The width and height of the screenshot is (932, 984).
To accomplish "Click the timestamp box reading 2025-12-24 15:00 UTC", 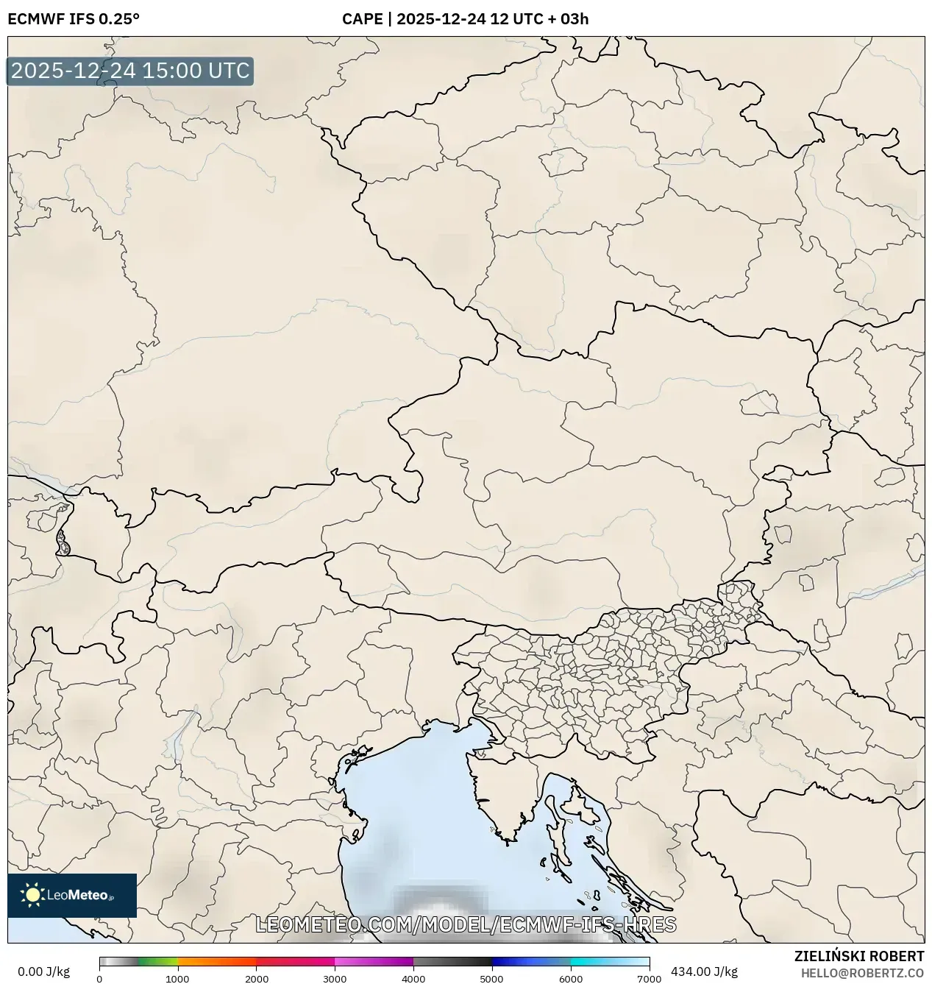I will pos(130,71).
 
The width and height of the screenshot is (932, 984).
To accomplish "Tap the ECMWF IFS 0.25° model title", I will pos(74,19).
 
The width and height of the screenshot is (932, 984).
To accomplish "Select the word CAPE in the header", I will pos(361,19).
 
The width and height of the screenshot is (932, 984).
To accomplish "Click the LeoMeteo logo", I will pos(72,895).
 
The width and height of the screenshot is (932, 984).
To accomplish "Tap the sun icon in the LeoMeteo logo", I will pos(32,895).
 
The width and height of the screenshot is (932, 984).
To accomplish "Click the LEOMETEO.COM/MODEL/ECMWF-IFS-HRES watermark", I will pos(466,924).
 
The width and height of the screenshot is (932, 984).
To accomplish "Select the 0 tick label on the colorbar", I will pos(99,979).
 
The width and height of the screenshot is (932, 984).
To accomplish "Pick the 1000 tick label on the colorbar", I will pos(177,979).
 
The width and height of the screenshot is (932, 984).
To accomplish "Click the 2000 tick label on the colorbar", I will pos(256,979).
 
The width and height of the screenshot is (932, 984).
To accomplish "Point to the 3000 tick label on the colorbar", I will pos(335,979).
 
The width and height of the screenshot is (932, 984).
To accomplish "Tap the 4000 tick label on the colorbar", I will pos(413,979).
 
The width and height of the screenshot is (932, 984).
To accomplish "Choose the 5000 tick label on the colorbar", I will pos(492,979).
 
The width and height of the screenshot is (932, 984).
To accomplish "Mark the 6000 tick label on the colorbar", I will pos(571,979).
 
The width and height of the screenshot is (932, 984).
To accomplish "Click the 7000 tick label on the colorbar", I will pos(649,979).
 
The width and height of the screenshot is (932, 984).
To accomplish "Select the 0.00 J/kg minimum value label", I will pos(44,971).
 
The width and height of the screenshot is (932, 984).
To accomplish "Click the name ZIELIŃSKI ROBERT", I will pos(859,956).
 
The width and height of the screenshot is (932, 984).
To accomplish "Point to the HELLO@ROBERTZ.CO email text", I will pos(862,973).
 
